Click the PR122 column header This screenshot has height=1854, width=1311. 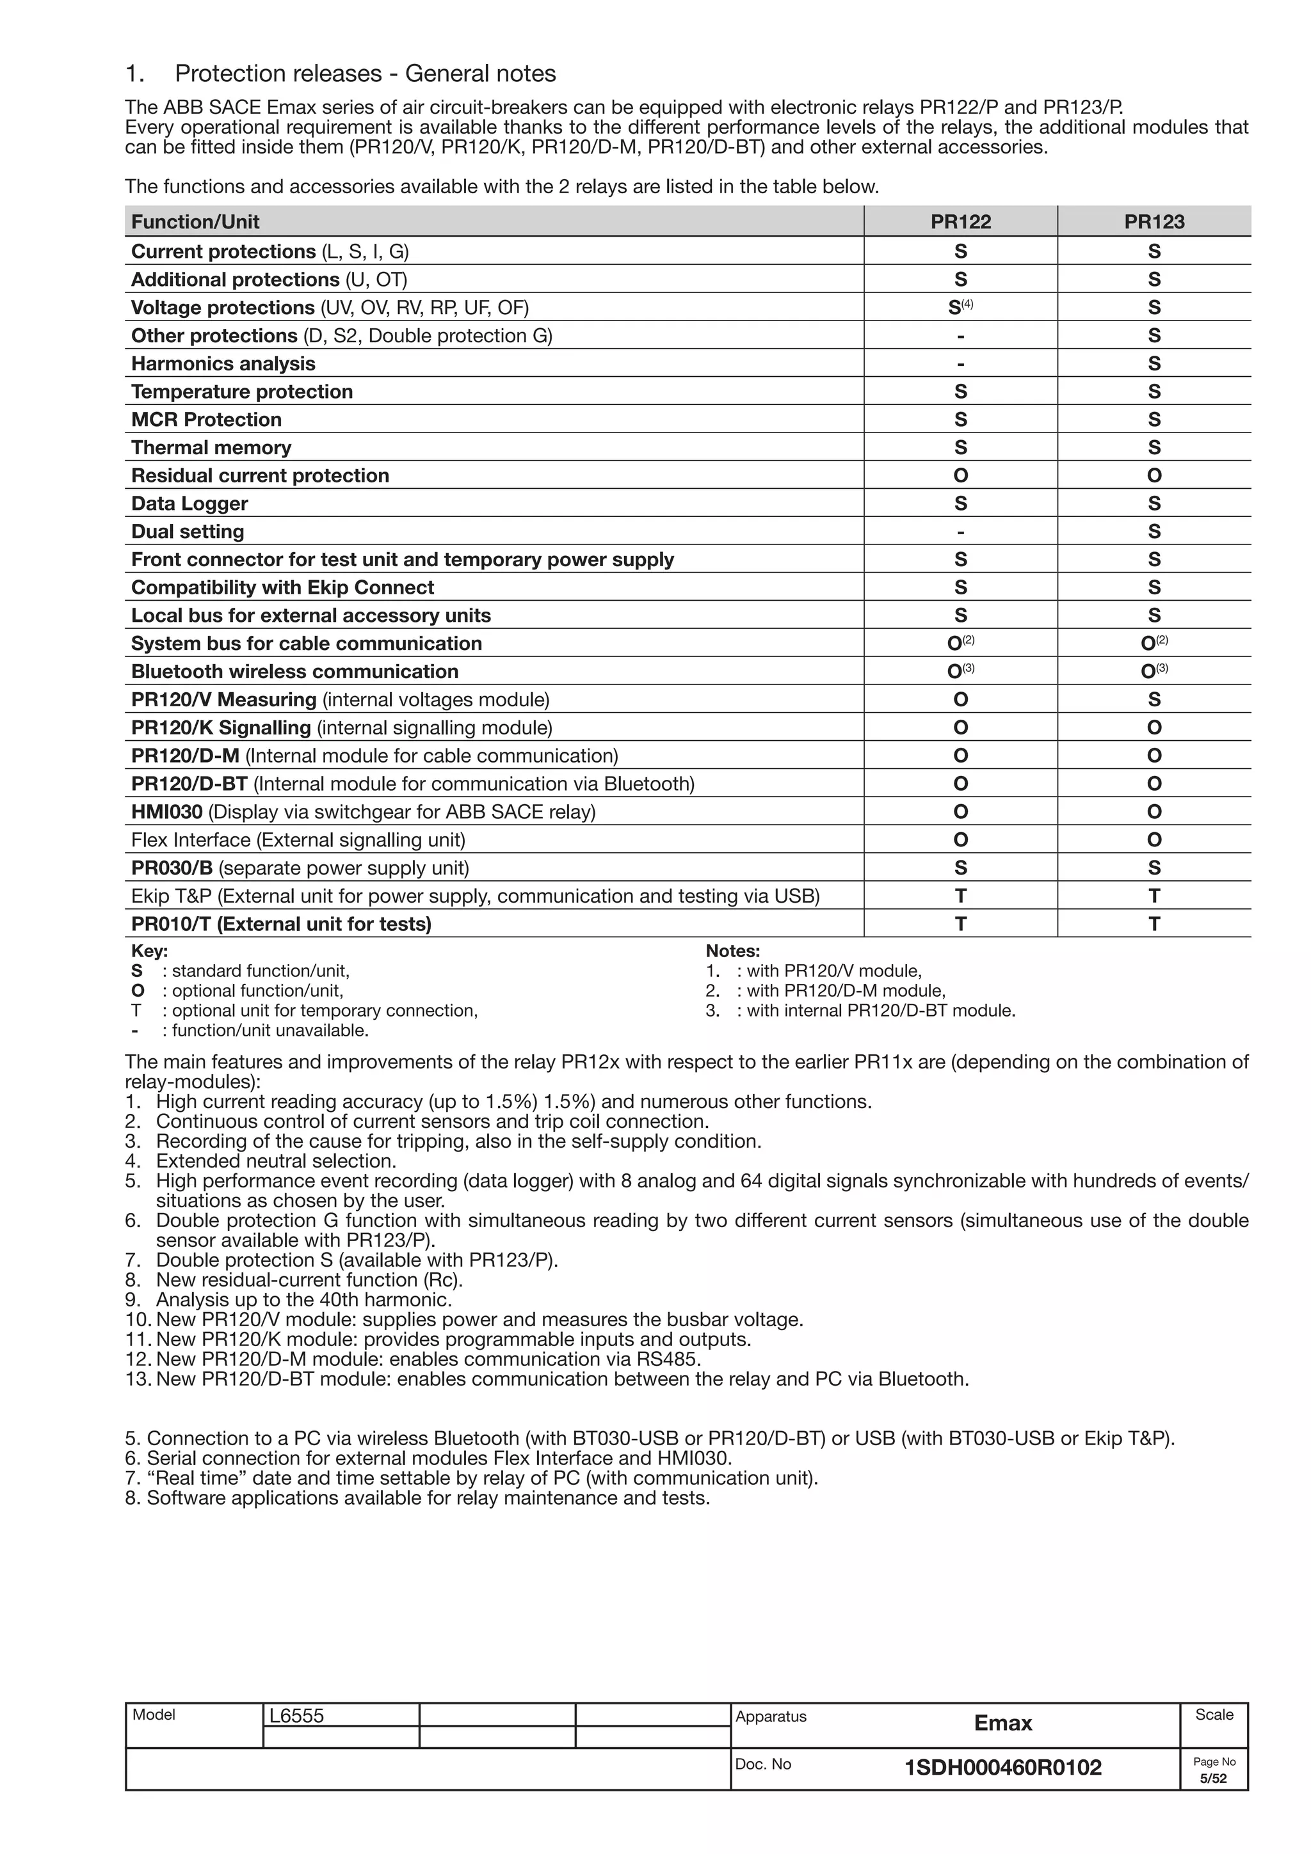(x=960, y=222)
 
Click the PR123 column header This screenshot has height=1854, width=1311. (x=1154, y=222)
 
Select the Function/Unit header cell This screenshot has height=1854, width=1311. (x=195, y=222)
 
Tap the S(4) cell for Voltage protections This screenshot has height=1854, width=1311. (x=960, y=308)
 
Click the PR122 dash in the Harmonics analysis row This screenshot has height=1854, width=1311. (x=960, y=364)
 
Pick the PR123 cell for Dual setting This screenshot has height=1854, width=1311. (x=1154, y=532)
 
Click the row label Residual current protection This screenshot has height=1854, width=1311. (x=260, y=475)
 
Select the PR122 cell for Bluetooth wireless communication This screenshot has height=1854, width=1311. (x=960, y=672)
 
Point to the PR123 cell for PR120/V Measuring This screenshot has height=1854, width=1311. (x=1154, y=700)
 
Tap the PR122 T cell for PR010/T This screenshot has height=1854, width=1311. (x=960, y=924)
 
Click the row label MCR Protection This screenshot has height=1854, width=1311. (x=206, y=420)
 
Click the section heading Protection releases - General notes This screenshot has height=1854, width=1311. (x=365, y=74)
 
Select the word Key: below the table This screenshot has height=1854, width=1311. (x=149, y=951)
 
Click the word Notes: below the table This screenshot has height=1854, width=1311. (x=733, y=951)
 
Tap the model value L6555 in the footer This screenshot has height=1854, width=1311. (x=296, y=1716)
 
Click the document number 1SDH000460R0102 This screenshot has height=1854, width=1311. (x=1002, y=1768)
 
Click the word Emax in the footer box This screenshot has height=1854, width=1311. (x=1002, y=1723)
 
